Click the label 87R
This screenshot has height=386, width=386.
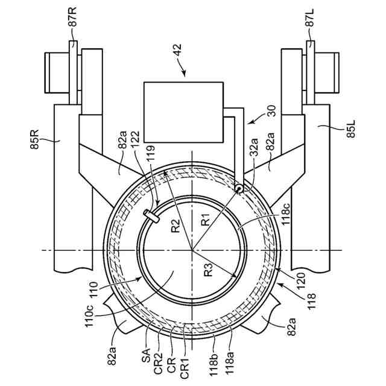pos(72,17)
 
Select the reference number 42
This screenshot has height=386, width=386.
pos(177,51)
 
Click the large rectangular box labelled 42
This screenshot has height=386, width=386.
pos(183,112)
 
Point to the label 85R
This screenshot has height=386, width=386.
pos(34,139)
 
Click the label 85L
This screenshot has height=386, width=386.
pos(350,128)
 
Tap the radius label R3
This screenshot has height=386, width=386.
pos(209,270)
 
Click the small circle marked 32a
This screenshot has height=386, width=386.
pos(239,188)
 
